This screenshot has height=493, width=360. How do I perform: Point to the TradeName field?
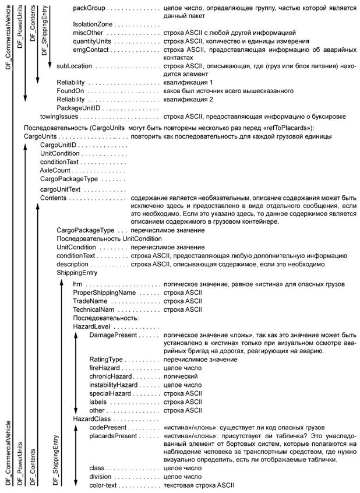pyautogui.click(x=90, y=301)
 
